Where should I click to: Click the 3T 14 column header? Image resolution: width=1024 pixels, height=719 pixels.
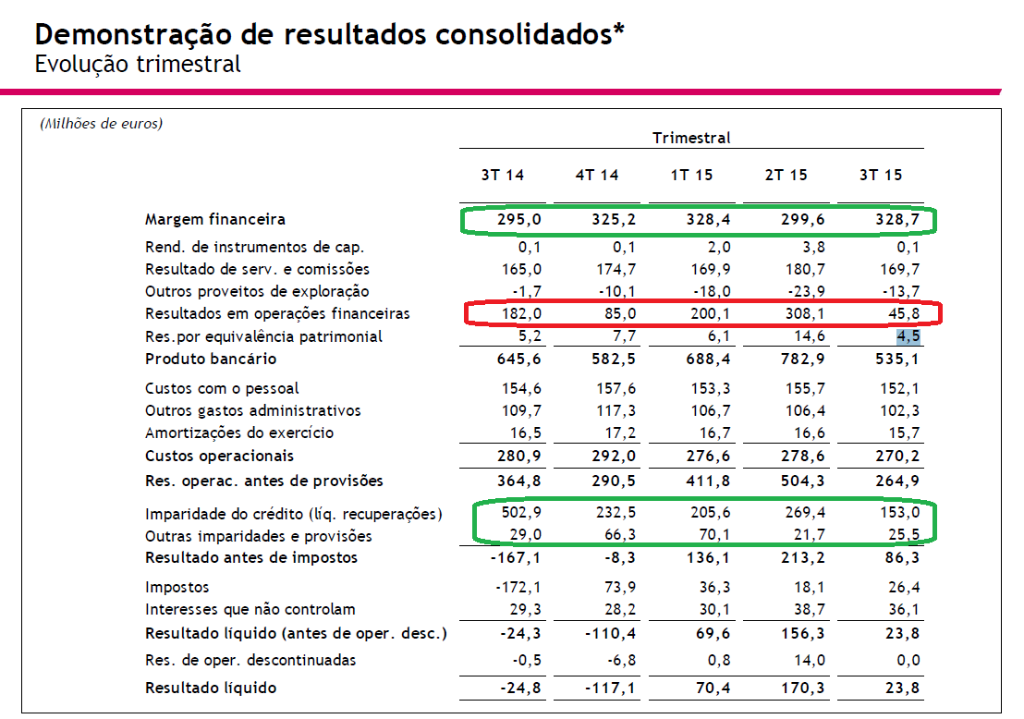(502, 176)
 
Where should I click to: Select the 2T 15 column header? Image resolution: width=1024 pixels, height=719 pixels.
(786, 176)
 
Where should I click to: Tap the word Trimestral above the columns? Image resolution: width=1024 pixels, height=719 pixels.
(691, 139)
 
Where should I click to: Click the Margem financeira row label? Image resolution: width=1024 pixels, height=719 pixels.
(215, 220)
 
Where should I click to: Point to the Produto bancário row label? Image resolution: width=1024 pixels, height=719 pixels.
(211, 359)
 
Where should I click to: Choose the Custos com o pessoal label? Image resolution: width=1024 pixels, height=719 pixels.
(222, 389)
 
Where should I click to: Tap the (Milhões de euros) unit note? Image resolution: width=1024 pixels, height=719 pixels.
(101, 124)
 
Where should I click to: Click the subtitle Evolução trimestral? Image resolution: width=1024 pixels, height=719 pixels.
(138, 65)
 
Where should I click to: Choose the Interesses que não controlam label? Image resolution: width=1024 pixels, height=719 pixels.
(250, 610)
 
